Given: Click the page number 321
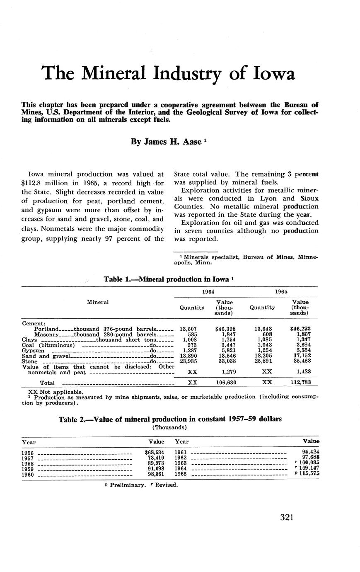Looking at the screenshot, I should coord(287,517).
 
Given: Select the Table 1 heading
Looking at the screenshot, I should coord(169,279).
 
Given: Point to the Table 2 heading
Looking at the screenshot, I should coord(170,419).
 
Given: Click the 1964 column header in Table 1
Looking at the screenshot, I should coord(208,292).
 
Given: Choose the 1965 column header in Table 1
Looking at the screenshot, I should coord(282,292).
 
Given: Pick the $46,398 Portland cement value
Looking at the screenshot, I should coord(226,329).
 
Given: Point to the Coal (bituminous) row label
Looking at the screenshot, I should coord(48,345).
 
